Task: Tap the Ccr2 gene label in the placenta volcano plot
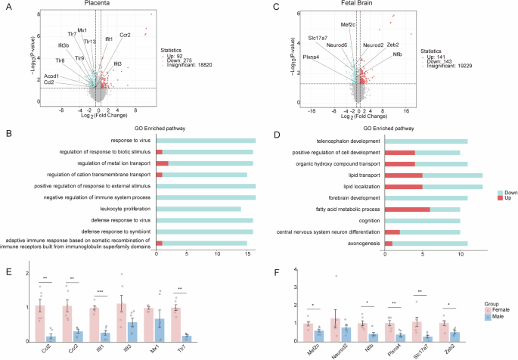coord(125,35)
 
